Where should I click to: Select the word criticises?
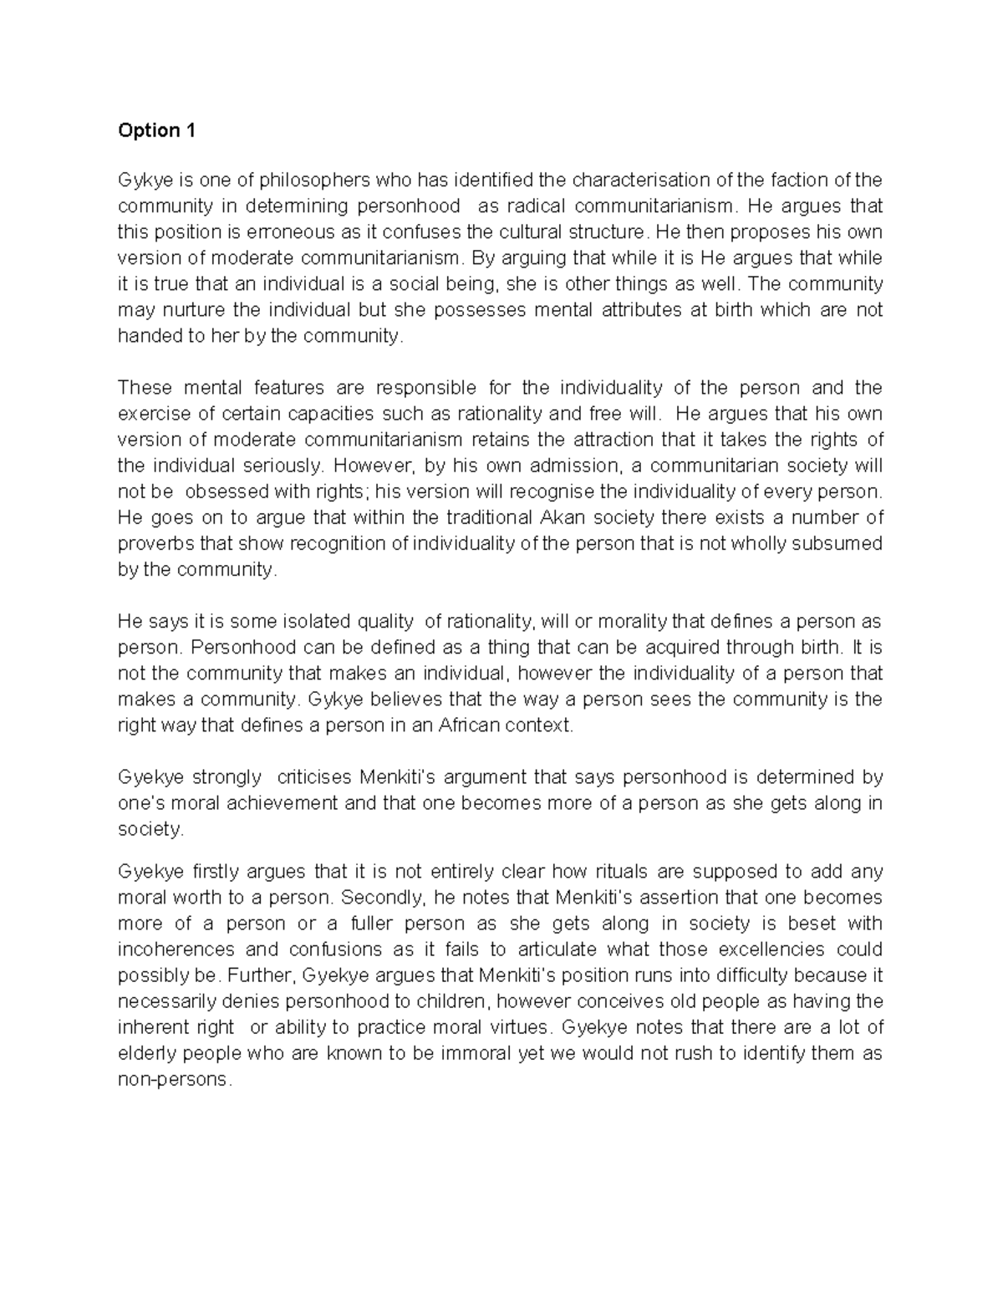click(314, 777)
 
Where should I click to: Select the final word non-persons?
click(173, 1079)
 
